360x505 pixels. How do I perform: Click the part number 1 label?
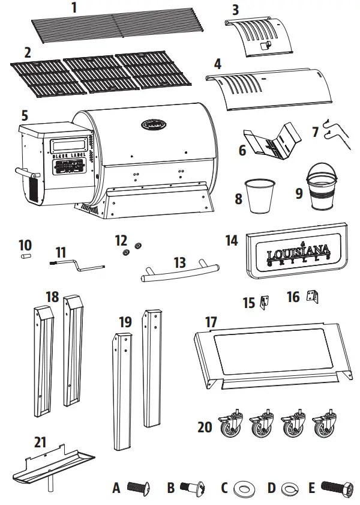pos(74,8)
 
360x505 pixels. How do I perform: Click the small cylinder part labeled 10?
pos(26,256)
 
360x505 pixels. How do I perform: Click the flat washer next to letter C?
pos(246,488)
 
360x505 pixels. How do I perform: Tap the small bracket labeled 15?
pos(263,301)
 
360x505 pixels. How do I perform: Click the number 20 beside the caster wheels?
pos(205,427)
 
